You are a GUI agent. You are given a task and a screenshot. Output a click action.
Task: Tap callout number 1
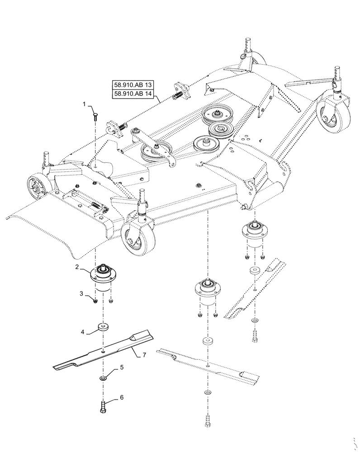click(85, 104)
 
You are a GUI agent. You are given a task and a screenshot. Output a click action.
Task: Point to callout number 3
click(82, 294)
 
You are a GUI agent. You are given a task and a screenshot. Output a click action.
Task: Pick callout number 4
click(83, 332)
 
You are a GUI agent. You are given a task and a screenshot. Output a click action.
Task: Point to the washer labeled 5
click(104, 378)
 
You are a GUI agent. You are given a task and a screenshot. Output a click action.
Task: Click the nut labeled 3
click(96, 301)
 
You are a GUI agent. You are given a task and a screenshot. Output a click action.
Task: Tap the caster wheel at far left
click(36, 188)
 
